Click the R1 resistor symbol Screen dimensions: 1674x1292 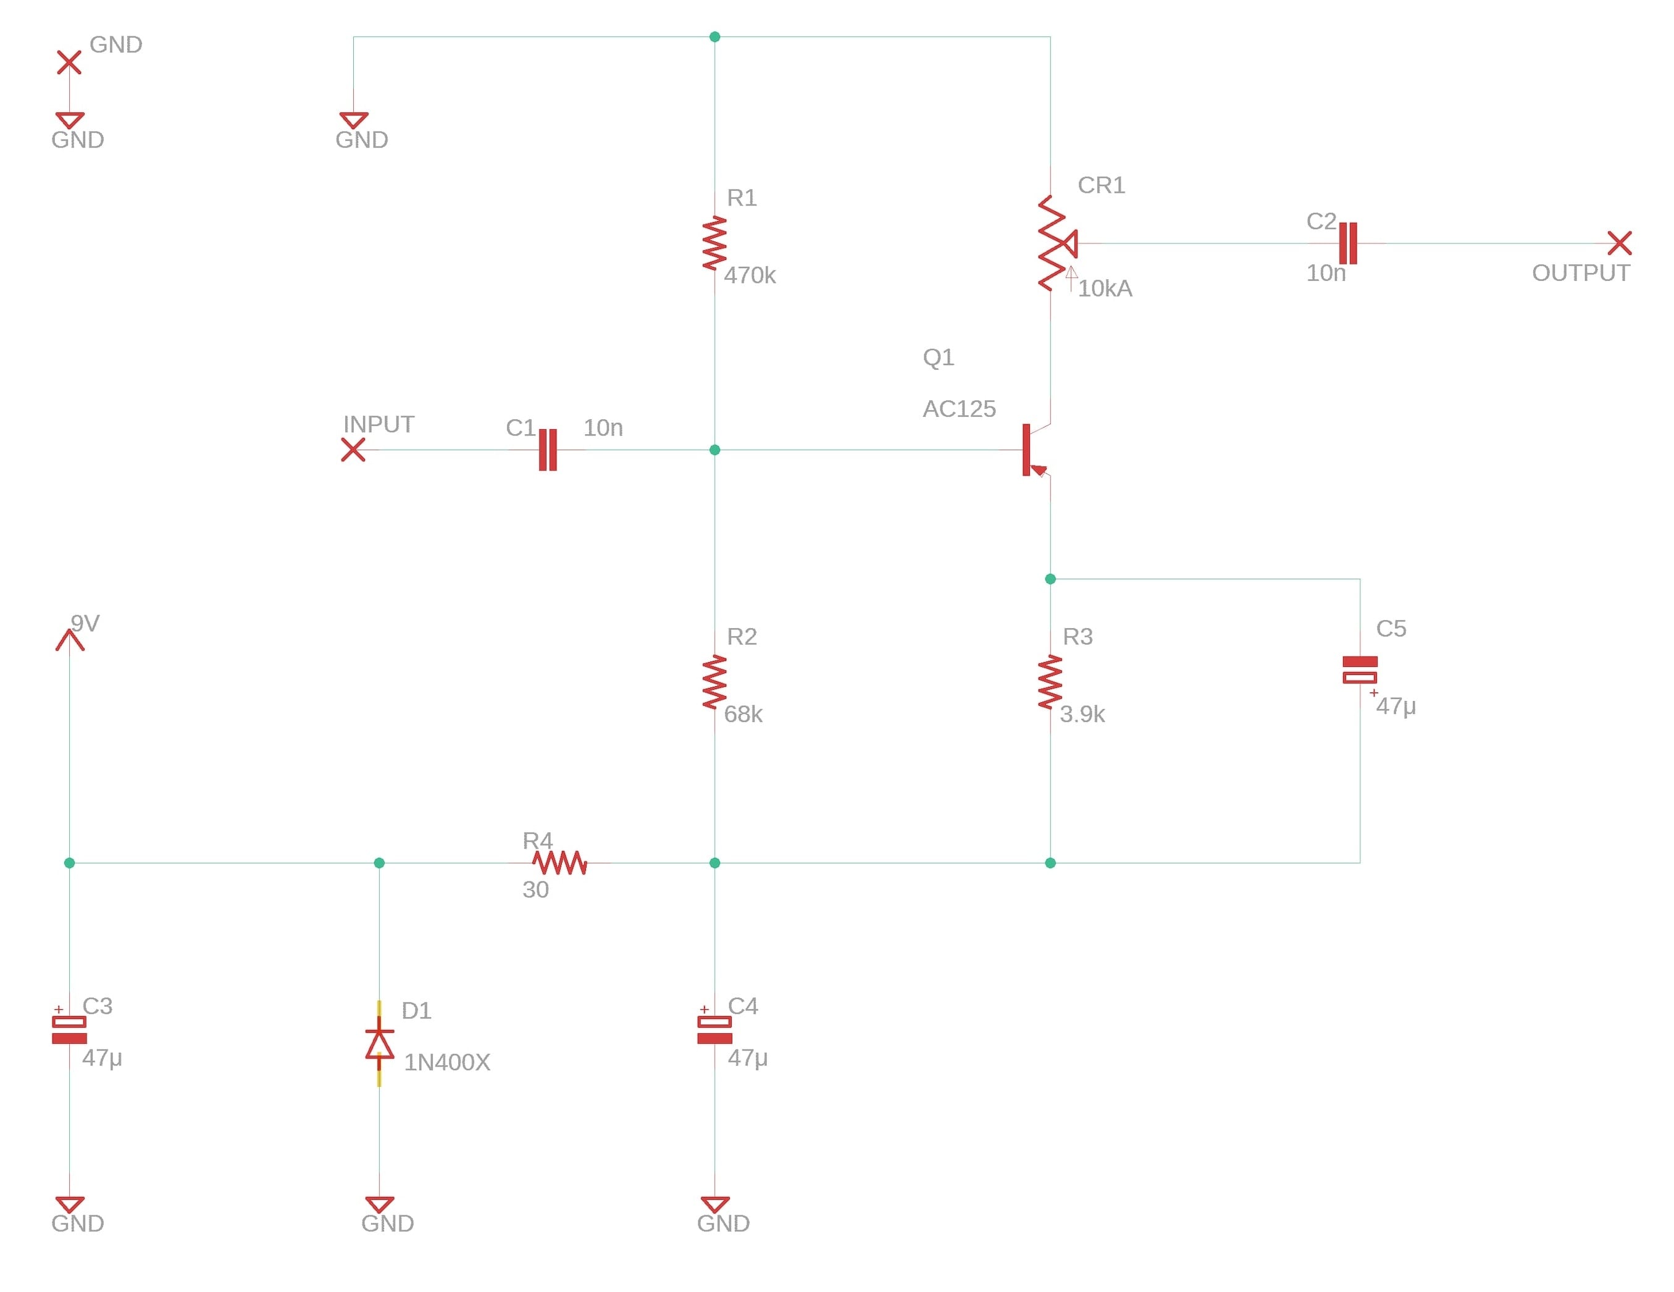714,243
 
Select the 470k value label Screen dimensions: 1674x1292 750,275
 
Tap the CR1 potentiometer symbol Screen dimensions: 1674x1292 1057,243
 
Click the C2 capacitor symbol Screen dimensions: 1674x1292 1347,243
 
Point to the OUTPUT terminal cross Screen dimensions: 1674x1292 1620,243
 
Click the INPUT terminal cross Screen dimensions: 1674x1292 353,450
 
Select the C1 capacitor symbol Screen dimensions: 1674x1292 547,450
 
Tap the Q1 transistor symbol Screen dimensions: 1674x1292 1036,450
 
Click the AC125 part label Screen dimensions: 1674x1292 959,409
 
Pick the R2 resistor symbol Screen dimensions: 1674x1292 714,682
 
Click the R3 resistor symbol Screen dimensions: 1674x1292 1050,682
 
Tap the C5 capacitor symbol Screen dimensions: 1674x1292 1360,669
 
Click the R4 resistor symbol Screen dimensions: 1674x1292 560,863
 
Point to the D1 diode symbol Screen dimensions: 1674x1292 379,1044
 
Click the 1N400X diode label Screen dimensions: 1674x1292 447,1062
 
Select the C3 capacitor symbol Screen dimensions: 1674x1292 69,1030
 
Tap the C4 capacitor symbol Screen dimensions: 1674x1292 714,1030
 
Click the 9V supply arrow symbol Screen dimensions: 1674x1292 70,639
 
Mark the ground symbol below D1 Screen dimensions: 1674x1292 379,1204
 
